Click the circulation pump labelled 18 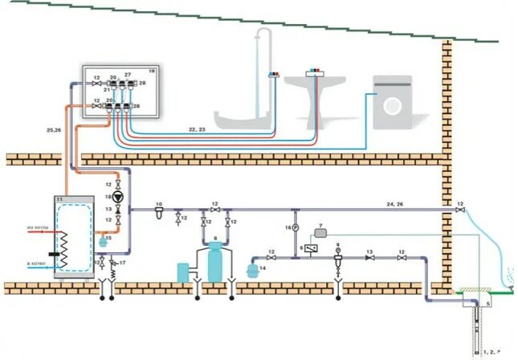point(119,195)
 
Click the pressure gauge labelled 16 point(295,228)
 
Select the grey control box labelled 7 point(322,232)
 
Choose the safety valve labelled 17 point(112,262)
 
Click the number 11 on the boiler point(59,198)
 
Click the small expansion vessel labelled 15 point(101,239)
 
